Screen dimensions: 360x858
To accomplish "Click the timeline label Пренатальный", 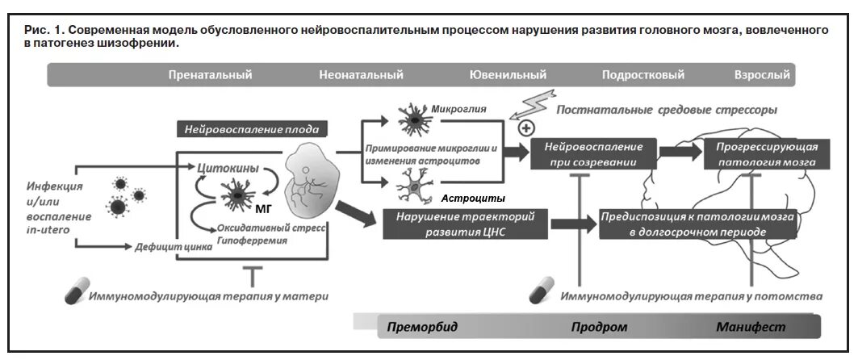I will pos(210,75).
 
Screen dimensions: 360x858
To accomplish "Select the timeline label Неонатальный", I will pos(361,75).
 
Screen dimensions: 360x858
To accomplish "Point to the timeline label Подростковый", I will pos(642,75).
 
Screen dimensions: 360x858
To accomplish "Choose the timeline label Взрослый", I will pos(761,75).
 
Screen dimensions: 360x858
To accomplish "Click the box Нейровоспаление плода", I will pos(251,129).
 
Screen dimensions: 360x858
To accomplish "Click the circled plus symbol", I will pos(526,128).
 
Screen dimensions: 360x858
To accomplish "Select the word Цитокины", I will pos(228,168).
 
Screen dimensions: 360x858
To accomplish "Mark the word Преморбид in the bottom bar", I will pos(421,327).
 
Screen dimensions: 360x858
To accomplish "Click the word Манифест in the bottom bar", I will pos(750,327).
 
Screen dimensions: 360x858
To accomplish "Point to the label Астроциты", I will pos(473,198).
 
